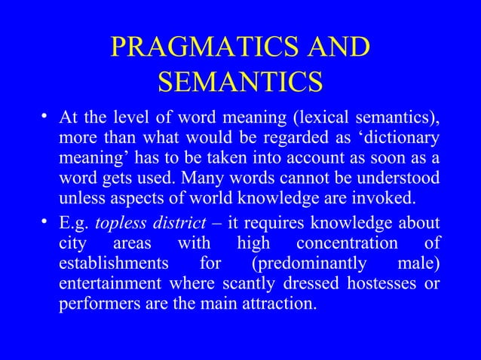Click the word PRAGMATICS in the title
tap(195, 47)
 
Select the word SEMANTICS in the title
tap(240, 81)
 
